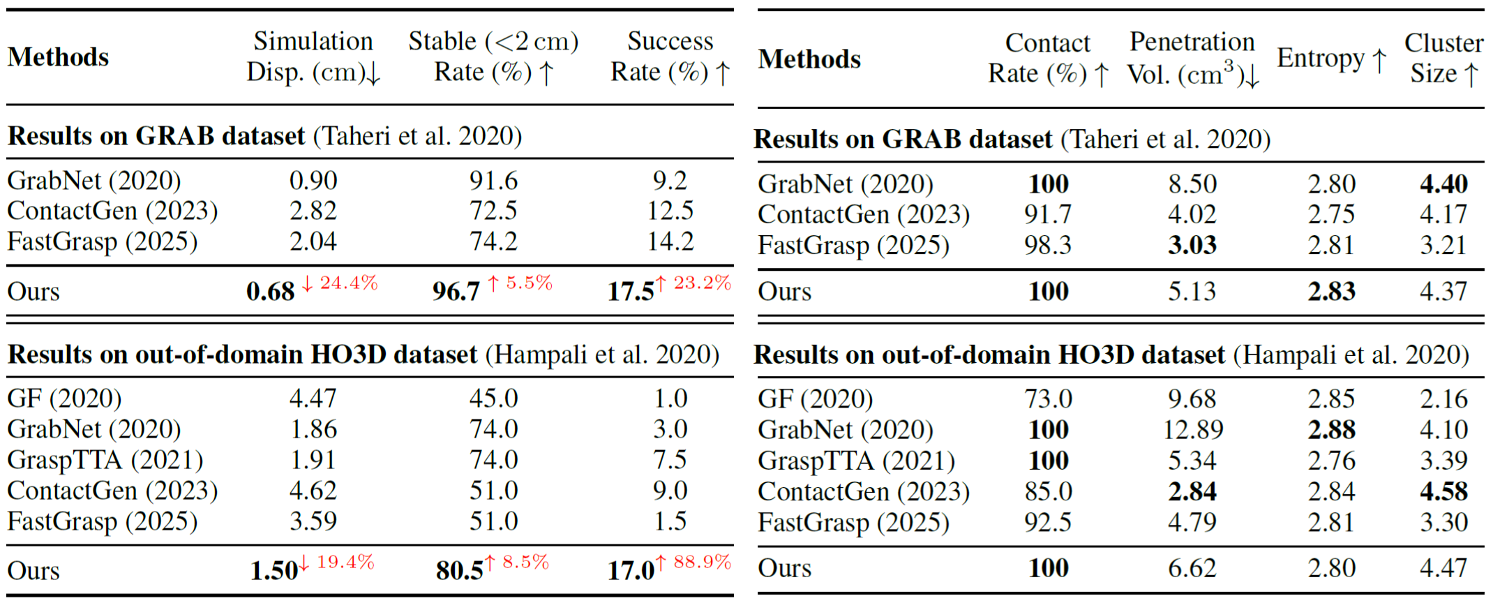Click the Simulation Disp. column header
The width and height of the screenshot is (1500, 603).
313,57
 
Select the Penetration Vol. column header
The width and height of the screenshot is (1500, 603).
1192,58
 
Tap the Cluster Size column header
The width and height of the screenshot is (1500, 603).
1443,58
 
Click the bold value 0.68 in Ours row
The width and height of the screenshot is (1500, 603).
271,291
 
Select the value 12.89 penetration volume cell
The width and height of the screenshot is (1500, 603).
1192,429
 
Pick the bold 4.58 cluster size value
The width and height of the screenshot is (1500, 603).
1443,491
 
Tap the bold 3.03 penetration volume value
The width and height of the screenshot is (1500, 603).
1192,245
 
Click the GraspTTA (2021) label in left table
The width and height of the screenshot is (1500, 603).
105,460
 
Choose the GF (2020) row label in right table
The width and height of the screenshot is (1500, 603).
815,399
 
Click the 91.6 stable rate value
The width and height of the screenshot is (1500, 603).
493,181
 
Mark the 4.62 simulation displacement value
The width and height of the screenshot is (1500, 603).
313,491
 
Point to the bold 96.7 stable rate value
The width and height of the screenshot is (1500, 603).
456,291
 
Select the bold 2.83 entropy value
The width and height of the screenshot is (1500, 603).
1331,291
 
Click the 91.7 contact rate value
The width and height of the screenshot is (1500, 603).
1048,214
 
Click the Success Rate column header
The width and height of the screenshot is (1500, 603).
670,57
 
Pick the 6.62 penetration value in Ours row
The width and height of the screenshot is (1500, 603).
1192,568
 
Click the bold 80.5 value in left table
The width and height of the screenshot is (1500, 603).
459,570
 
